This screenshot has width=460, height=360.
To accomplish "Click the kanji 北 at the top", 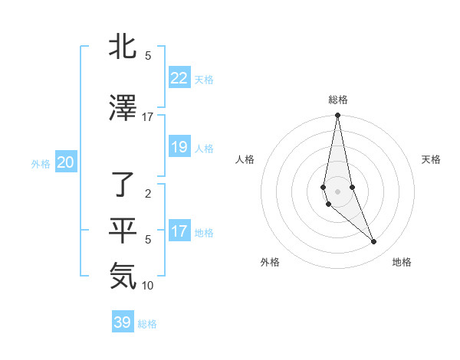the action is tap(123, 47).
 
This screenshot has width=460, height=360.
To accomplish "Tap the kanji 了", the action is tap(123, 185).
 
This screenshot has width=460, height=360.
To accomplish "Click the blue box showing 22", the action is tap(179, 78).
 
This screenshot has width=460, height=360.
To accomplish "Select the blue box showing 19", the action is tap(179, 147).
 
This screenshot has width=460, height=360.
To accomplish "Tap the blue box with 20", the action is tap(65, 162).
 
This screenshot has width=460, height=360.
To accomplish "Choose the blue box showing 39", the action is tap(122, 322).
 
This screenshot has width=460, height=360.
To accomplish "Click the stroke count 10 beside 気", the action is tap(148, 286).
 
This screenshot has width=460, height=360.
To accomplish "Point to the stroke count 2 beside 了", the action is tap(148, 194).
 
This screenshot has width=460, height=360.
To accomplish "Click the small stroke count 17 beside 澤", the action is tap(148, 117).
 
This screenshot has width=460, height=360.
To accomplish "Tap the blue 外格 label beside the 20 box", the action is tap(41, 163).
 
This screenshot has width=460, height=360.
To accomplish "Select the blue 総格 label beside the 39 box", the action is tap(147, 323).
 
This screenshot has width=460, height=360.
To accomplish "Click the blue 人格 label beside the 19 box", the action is tap(204, 148).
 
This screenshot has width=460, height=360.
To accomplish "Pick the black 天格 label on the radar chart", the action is tap(431, 159).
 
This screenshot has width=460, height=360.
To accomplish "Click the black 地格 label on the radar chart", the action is tap(402, 262).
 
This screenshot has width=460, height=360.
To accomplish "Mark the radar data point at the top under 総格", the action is tap(337, 116).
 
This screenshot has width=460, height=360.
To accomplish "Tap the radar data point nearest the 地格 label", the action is tap(374, 242).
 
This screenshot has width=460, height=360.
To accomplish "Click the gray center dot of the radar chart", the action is tap(337, 191).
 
